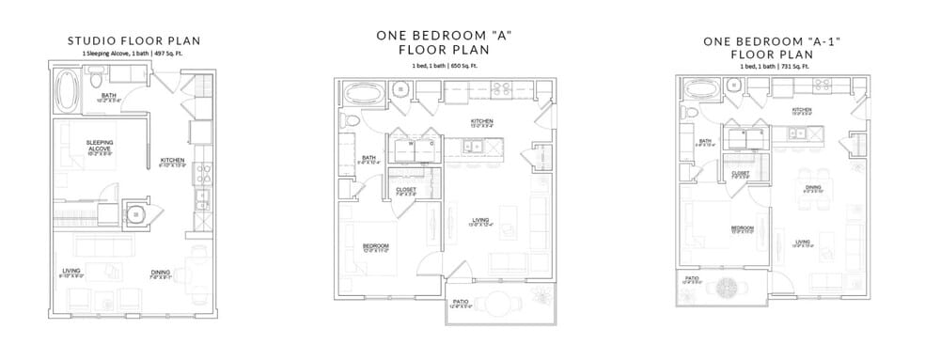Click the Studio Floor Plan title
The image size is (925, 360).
pyautogui.click(x=133, y=41)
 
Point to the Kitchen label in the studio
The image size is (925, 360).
pyautogui.click(x=171, y=160)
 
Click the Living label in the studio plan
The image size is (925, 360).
pyautogui.click(x=71, y=271)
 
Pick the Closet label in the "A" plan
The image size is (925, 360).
pyautogui.click(x=406, y=190)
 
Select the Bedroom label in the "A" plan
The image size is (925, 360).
pyautogui.click(x=376, y=245)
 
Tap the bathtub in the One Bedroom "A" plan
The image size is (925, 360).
pyautogui.click(x=364, y=93)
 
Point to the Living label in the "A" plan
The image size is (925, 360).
pyautogui.click(x=480, y=221)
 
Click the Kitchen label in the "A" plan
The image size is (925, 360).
pyautogui.click(x=482, y=121)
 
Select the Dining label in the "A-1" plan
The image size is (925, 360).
pyautogui.click(x=812, y=187)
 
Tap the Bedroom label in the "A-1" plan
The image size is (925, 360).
pyautogui.click(x=743, y=227)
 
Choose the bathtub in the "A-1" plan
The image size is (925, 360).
pyautogui.click(x=701, y=90)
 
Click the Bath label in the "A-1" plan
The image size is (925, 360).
pyautogui.click(x=703, y=143)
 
